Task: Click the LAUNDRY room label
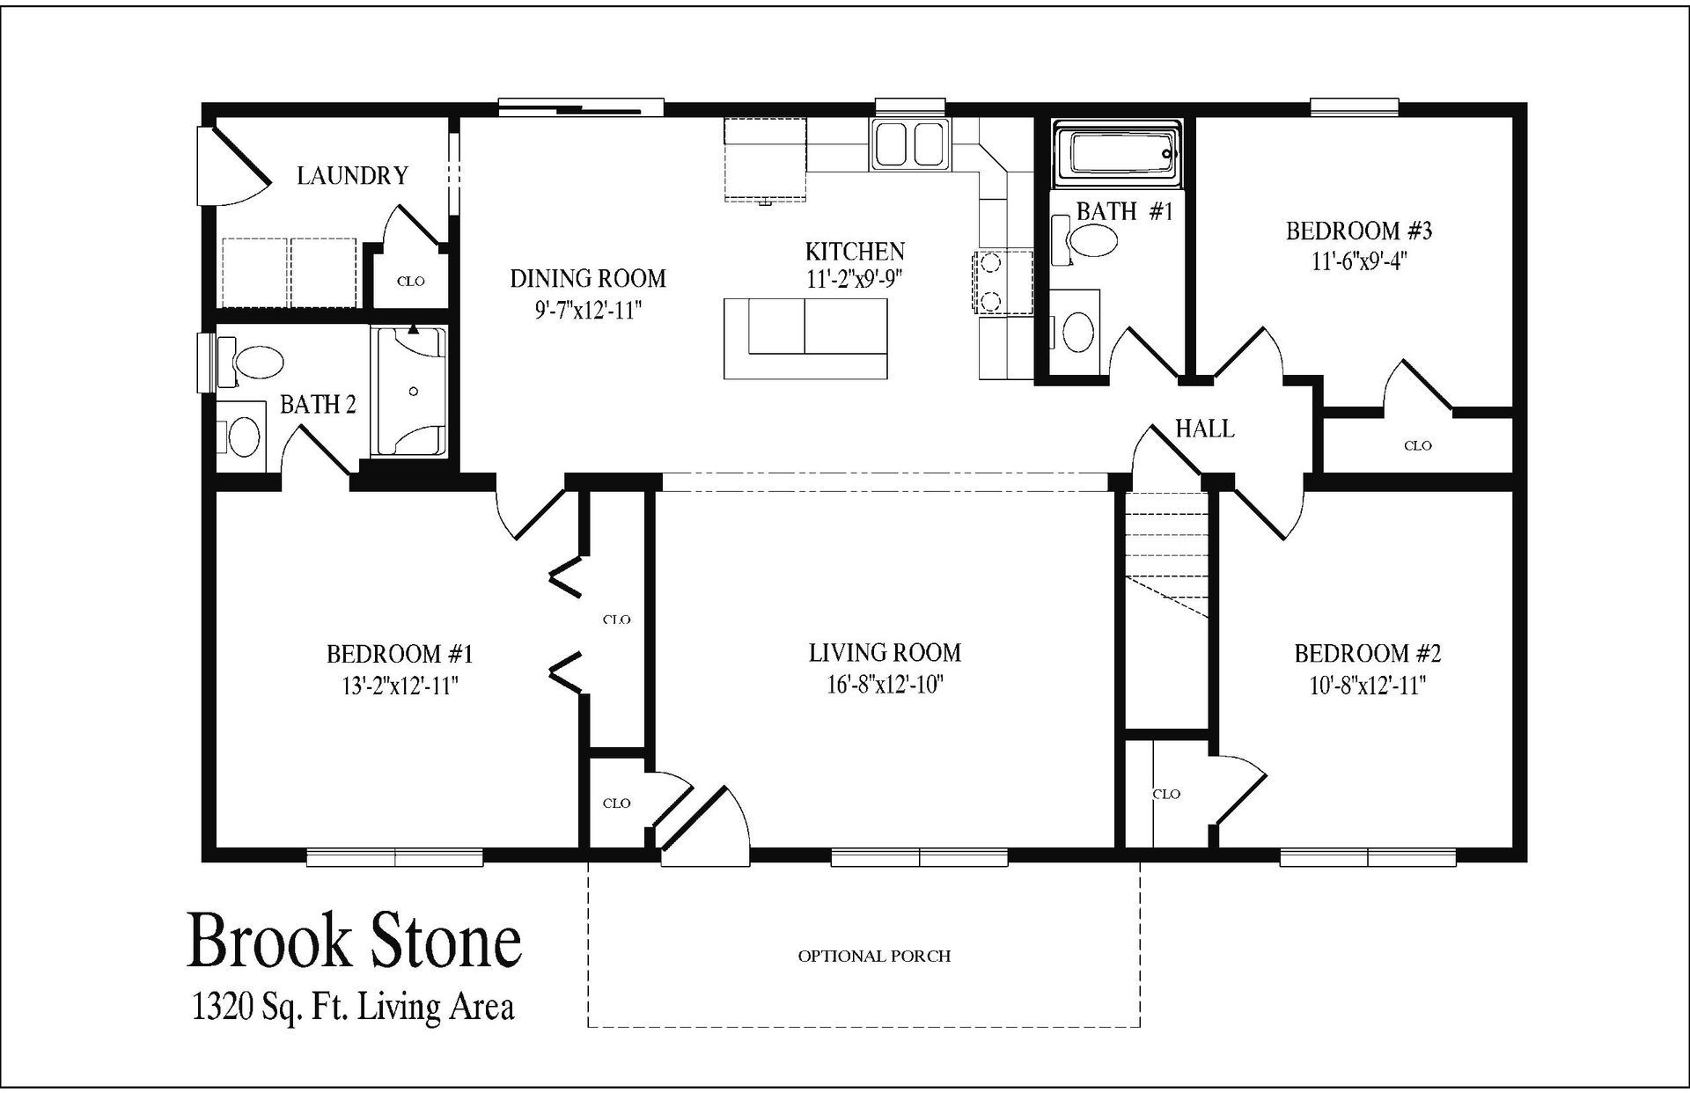point(352,176)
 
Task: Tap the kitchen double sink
point(909,144)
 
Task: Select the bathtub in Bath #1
point(1118,157)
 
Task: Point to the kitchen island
point(805,338)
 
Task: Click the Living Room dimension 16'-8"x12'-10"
point(885,686)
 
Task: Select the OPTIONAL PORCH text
point(874,956)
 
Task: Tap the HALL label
point(1204,429)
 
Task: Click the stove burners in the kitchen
point(990,282)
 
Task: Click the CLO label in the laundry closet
point(411,282)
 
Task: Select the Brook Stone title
point(354,941)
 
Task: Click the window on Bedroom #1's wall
point(394,857)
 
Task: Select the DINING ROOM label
point(588,279)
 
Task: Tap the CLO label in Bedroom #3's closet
point(1417,446)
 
